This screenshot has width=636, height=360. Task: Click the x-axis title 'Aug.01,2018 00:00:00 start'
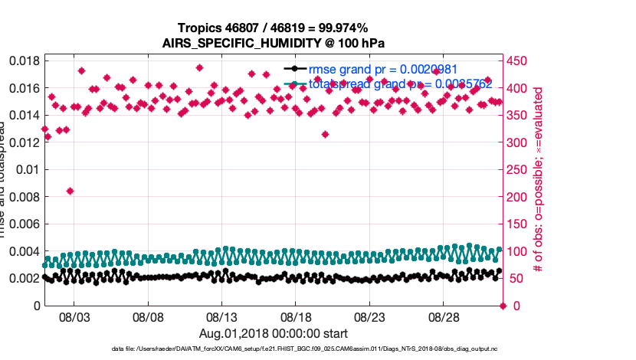click(273, 334)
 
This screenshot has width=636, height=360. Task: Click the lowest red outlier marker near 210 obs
click(70, 191)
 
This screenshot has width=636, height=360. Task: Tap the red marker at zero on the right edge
click(503, 306)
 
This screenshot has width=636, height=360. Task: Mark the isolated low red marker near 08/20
click(325, 134)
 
